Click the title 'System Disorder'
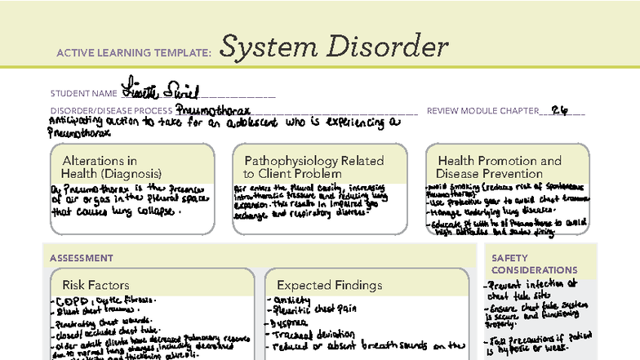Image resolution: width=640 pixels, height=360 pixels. tap(334, 47)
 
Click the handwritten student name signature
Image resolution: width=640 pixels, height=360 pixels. tap(160, 89)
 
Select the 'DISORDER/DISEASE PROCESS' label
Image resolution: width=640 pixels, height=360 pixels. tap(111, 111)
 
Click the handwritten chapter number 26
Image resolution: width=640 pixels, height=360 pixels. tap(559, 109)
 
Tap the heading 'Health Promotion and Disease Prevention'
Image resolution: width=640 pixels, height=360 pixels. tap(499, 167)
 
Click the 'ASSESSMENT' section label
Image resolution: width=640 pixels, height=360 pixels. tap(81, 258)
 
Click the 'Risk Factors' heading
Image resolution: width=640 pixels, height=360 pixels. tap(95, 285)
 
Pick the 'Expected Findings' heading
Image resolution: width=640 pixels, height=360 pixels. tap(329, 285)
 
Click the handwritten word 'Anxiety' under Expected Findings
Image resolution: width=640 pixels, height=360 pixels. tap(293, 300)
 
